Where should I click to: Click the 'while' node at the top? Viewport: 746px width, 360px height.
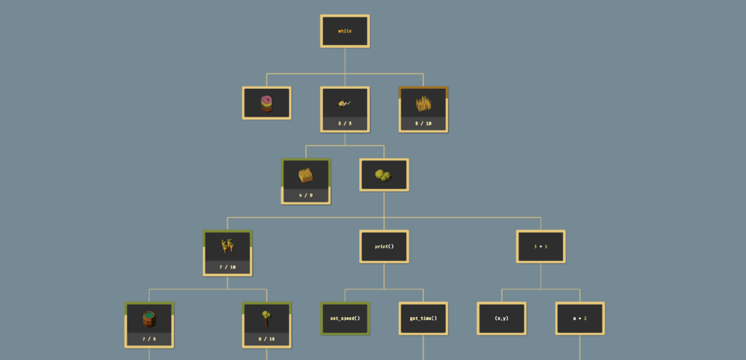click(345, 31)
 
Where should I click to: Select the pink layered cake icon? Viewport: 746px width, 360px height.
click(267, 103)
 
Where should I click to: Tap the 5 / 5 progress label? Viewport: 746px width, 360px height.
click(345, 124)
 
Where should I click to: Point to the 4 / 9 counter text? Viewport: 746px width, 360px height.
click(306, 195)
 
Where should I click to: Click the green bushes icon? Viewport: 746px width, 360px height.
click(384, 175)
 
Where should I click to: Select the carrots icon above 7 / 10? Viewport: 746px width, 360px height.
click(227, 246)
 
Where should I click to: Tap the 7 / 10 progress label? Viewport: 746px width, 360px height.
click(227, 267)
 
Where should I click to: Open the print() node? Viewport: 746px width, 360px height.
click(384, 246)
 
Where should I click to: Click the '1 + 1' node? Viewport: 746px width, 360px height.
click(541, 246)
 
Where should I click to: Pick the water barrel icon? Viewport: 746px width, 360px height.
click(149, 318)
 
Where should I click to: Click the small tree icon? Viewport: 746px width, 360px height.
click(267, 318)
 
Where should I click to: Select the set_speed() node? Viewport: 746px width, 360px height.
click(345, 318)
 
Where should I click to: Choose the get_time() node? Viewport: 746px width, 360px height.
click(423, 318)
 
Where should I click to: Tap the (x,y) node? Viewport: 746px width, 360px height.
click(501, 318)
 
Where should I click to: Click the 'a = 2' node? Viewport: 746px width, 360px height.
click(580, 318)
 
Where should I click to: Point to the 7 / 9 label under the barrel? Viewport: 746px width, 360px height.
click(149, 339)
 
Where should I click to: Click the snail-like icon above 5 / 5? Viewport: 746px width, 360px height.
click(345, 103)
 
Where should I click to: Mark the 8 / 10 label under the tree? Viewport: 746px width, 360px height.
click(267, 339)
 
